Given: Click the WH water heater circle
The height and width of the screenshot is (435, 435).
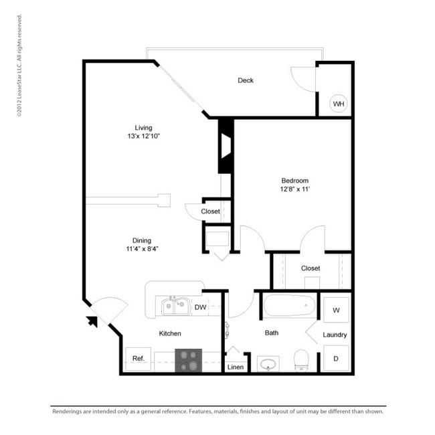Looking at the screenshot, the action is [x=338, y=104].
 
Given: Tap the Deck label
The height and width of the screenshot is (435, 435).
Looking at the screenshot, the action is [x=246, y=80].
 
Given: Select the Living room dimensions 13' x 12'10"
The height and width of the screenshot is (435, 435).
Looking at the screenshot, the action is [x=144, y=137].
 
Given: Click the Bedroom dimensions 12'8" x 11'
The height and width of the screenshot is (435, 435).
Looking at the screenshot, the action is [x=295, y=189].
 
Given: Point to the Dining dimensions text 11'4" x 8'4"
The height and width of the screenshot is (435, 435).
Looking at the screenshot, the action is [x=142, y=249].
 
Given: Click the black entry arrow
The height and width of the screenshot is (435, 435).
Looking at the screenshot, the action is [x=92, y=321].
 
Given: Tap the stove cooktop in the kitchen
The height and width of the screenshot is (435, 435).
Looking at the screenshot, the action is [x=188, y=360].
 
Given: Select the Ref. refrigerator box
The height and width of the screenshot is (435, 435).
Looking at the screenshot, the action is [x=138, y=359].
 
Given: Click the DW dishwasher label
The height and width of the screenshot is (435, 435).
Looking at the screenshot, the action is [x=200, y=307].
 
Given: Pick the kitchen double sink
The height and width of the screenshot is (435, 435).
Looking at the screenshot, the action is [x=175, y=307].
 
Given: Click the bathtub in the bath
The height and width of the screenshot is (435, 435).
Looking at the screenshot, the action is [x=289, y=305].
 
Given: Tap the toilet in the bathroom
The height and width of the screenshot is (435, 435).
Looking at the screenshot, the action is [x=301, y=360].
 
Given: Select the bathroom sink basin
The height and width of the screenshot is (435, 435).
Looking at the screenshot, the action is [x=268, y=363].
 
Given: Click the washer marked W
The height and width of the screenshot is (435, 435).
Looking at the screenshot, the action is [x=336, y=310].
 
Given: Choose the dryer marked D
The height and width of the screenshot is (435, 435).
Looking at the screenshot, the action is [x=336, y=358].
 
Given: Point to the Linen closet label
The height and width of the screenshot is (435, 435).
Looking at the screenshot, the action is [x=236, y=367].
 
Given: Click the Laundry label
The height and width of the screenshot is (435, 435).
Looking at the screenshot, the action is [x=335, y=335].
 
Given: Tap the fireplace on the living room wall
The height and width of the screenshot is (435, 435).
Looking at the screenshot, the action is [x=226, y=146].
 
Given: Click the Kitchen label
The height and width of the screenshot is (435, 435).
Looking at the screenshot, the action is [x=170, y=333].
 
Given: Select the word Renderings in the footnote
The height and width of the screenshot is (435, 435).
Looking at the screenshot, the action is [x=66, y=412].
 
